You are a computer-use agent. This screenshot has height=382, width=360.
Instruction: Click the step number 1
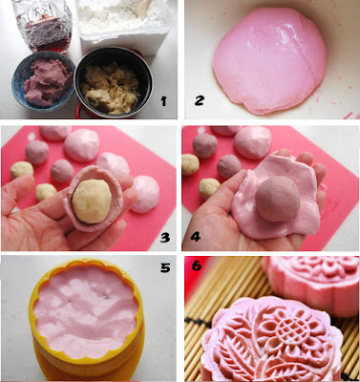coord(163,99)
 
